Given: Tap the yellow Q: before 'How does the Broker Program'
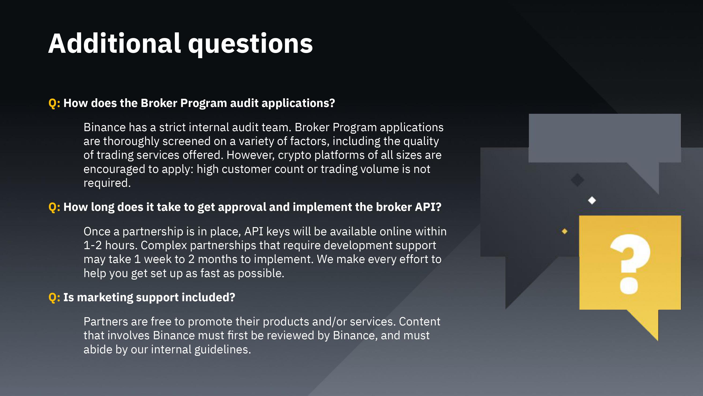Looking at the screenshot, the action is click(54, 103).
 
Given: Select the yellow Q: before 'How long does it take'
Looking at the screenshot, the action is click(54, 207).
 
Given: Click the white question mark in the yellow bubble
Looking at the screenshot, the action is click(630, 264).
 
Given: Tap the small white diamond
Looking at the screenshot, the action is click(592, 200).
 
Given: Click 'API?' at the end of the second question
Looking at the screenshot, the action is click(428, 207).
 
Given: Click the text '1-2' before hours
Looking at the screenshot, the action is click(93, 245).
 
